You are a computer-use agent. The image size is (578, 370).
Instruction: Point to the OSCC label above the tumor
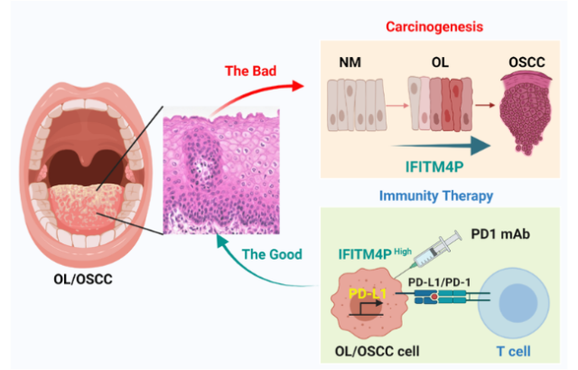(527, 63)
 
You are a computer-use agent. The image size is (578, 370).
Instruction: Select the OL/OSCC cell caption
(373, 347)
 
